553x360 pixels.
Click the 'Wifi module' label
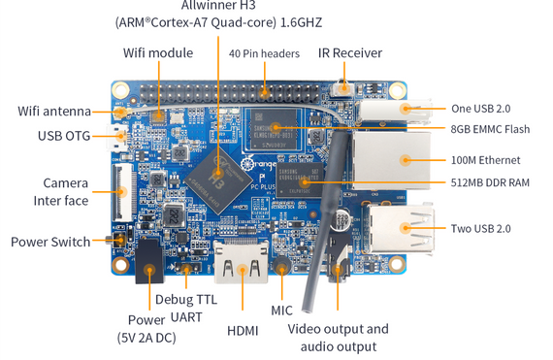point(157,52)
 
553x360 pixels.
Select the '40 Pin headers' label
point(264,53)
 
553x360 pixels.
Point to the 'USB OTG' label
point(64,136)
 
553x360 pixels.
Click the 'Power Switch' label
point(50,242)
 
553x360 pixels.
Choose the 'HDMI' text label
point(243,331)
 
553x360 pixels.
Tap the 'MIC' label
point(282,311)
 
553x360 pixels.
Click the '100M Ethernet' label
point(486,160)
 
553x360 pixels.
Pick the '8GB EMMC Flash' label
point(490,128)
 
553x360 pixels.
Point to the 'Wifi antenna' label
point(54,111)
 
